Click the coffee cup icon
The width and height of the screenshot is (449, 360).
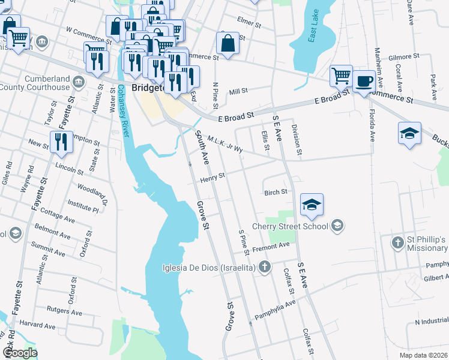364,80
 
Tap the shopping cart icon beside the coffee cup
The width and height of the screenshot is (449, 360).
341,76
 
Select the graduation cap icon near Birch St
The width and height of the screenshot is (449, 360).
312,205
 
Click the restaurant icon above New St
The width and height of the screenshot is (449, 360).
61,142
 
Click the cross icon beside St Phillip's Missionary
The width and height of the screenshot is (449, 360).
397,242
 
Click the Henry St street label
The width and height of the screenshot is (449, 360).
212,177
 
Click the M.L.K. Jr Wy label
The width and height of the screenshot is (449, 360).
224,144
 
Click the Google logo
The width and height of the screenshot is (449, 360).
20,352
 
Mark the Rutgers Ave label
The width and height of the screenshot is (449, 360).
64,310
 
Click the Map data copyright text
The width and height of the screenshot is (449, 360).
423,355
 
